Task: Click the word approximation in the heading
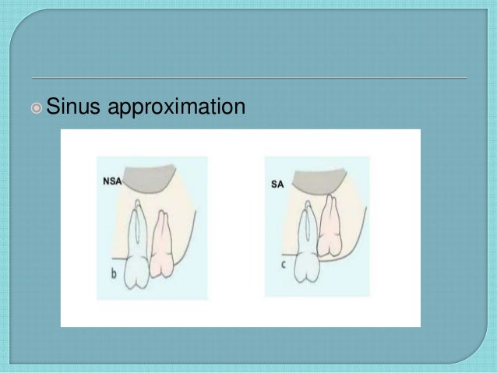click(176, 106)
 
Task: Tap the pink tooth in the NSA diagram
click(164, 245)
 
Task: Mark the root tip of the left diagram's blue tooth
click(137, 203)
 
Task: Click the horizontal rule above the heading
click(249, 78)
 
